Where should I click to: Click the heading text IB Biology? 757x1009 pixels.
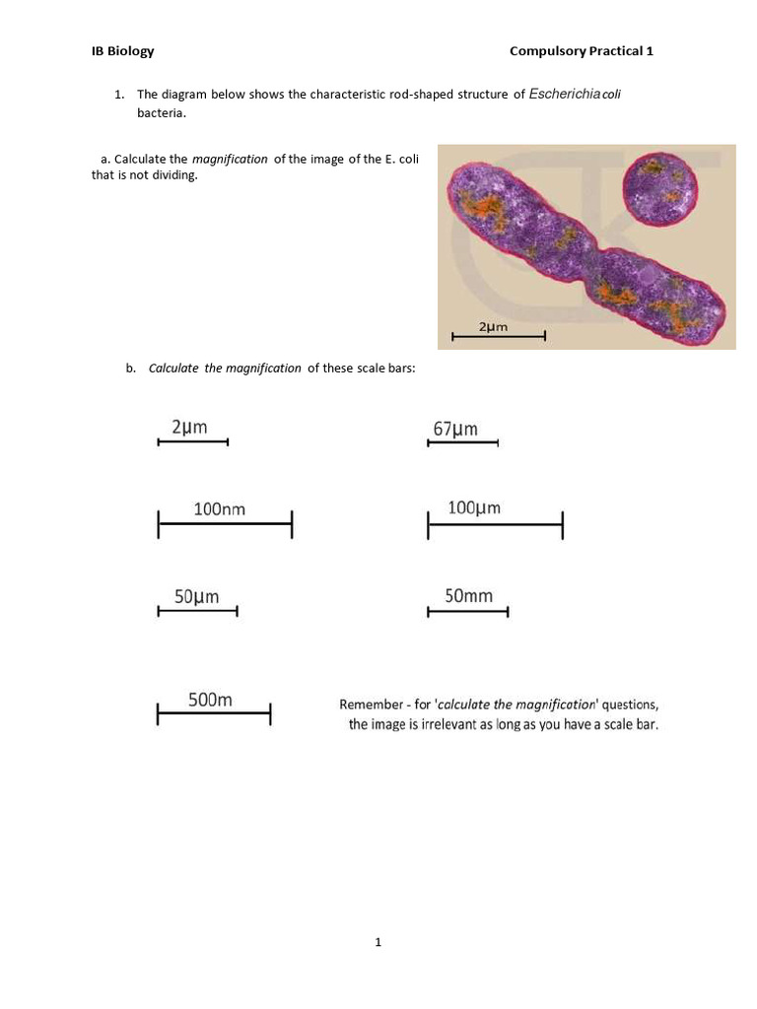[122, 51]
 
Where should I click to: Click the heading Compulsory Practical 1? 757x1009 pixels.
[582, 51]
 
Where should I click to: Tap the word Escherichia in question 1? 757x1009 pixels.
[564, 95]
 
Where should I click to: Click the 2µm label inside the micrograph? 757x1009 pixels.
[493, 326]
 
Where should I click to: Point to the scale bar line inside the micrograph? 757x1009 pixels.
[498, 337]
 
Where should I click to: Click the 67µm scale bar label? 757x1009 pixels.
[455, 429]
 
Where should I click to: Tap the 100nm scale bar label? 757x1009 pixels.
[219, 509]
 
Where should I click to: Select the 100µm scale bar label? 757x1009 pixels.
[474, 508]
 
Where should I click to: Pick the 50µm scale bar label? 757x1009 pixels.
[196, 596]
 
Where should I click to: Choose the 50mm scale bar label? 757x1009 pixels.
[468, 596]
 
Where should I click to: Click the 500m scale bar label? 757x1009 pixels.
[210, 701]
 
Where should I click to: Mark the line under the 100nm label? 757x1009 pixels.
[225, 525]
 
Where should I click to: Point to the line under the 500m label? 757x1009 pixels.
[214, 713]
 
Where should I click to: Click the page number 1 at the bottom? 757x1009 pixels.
[378, 943]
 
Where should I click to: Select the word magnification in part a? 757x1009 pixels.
[230, 160]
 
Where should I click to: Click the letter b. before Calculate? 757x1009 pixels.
[130, 369]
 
